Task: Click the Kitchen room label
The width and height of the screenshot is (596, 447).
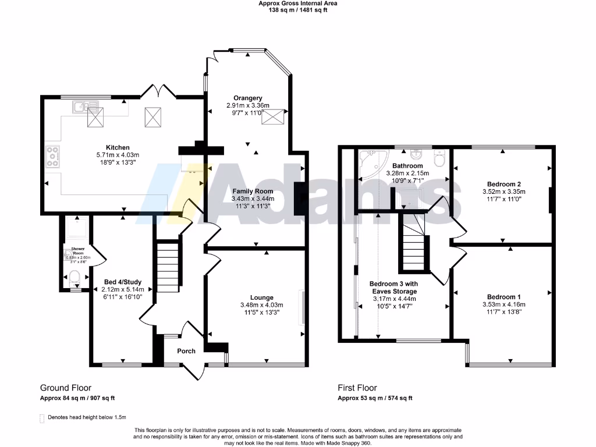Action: pyautogui.click(x=118, y=147)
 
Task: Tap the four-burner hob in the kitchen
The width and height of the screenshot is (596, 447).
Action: pyautogui.click(x=53, y=157)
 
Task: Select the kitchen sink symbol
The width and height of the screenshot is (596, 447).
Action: pyautogui.click(x=84, y=106)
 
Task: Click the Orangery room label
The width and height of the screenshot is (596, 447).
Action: pyautogui.click(x=248, y=98)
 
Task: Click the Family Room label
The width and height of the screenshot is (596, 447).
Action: pyautogui.click(x=253, y=191)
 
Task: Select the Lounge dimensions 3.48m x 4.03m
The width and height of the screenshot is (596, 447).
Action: pyautogui.click(x=261, y=305)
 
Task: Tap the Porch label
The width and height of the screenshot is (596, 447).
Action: pyautogui.click(x=186, y=351)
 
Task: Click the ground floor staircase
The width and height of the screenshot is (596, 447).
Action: pyautogui.click(x=166, y=268)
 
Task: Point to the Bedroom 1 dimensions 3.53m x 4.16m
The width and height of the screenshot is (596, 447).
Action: pyautogui.click(x=504, y=304)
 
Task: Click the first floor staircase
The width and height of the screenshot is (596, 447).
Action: pyautogui.click(x=412, y=242)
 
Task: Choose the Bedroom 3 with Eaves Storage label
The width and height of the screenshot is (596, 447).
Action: pyautogui.click(x=393, y=288)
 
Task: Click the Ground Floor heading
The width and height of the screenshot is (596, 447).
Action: pyautogui.click(x=65, y=388)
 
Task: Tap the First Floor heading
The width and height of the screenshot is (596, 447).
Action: pyautogui.click(x=357, y=388)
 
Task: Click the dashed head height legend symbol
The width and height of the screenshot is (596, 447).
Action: pyautogui.click(x=41, y=418)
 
